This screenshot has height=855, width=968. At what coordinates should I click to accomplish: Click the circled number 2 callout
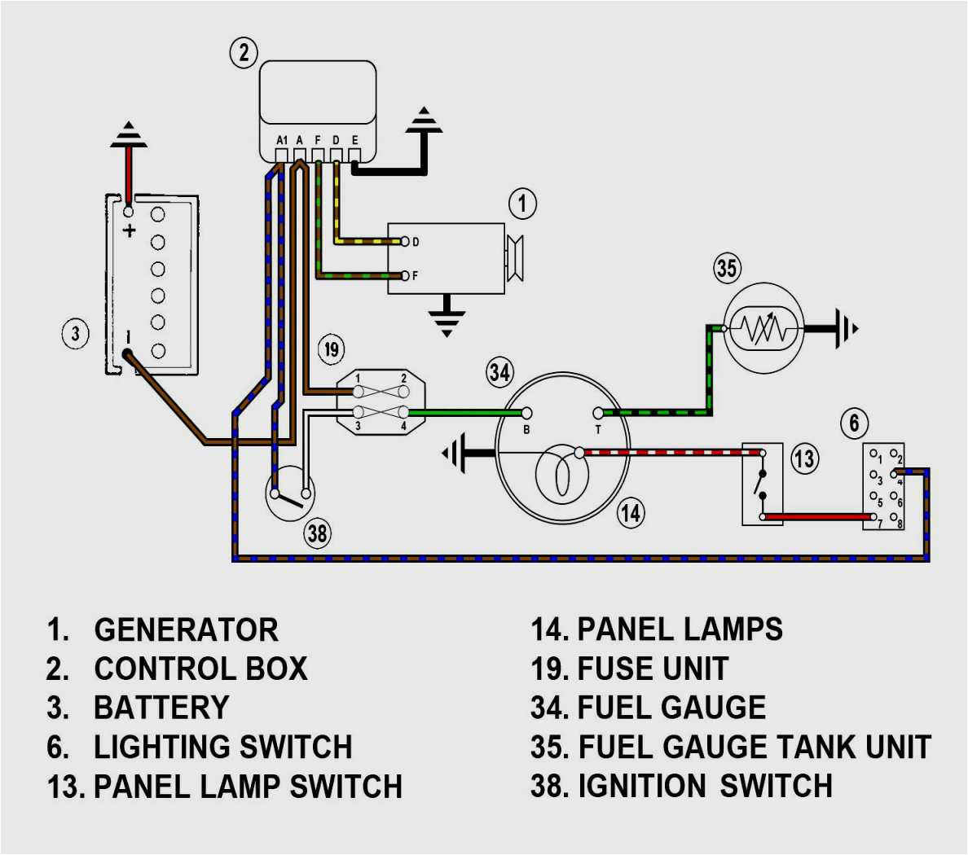tap(243, 53)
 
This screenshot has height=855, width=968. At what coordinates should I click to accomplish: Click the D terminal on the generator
tap(405, 242)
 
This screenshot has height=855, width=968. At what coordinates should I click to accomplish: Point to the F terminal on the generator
tap(405, 276)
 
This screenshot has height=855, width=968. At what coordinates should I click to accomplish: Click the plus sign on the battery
tap(129, 230)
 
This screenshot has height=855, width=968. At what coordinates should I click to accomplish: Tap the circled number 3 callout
tap(76, 333)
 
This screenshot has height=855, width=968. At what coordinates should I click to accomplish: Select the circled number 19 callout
tap(331, 349)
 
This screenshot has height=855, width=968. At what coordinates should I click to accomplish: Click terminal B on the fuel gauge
tap(527, 414)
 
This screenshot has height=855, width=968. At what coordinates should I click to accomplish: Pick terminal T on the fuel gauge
tap(598, 414)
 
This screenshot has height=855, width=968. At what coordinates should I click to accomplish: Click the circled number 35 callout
tap(726, 268)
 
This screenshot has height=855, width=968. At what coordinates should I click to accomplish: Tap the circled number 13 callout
tap(803, 458)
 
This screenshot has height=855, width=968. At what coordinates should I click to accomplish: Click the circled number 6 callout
tap(854, 423)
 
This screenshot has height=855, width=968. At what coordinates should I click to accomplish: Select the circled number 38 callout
tap(317, 533)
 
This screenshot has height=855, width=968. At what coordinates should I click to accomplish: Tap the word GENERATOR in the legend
tap(186, 630)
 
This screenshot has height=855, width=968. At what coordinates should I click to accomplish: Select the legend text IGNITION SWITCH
tap(705, 787)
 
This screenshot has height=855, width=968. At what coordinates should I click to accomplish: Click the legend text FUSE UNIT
tap(652, 669)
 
